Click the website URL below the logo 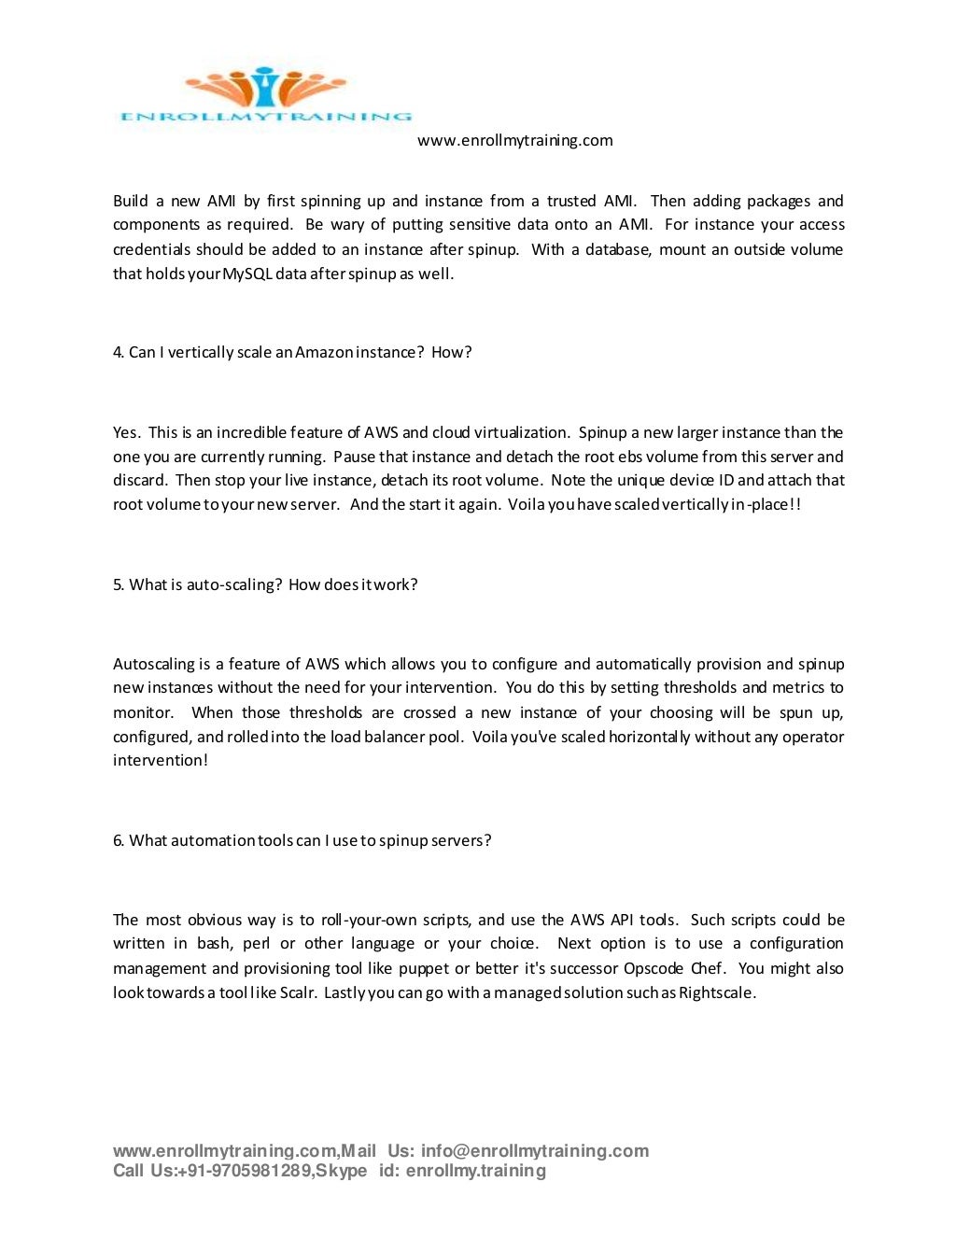pos(514,140)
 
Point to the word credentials pos(151,249)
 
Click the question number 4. pos(119,352)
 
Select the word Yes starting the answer pos(126,432)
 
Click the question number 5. pos(119,584)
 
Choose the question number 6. pos(119,840)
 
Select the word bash pos(214,943)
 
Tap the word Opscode pos(654,968)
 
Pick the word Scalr pos(298,992)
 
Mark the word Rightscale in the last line pos(716,992)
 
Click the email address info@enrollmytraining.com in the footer pos(534,1151)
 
